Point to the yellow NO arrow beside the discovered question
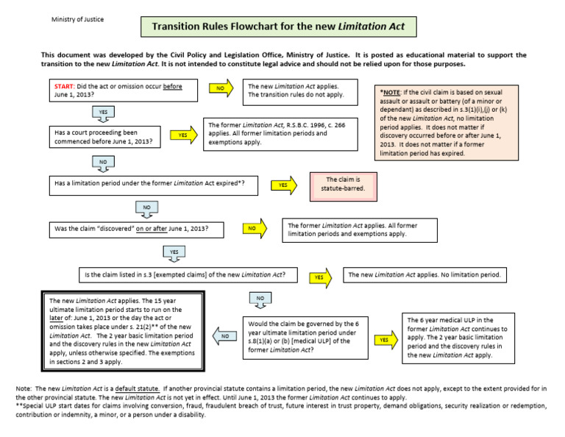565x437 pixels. pyautogui.click(x=252, y=229)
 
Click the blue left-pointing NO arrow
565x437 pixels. pyautogui.click(x=225, y=335)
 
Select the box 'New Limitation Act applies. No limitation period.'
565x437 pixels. pyautogui.click(x=425, y=275)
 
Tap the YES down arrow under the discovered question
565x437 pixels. pyautogui.click(x=174, y=253)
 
